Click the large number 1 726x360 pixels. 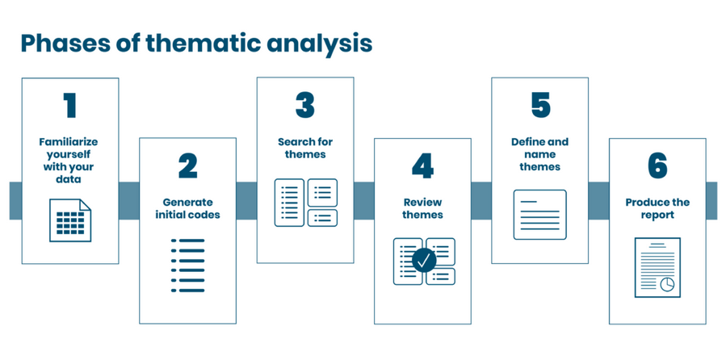(70, 106)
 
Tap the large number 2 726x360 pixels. (188, 166)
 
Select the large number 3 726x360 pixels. (305, 106)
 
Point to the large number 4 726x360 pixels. (422, 166)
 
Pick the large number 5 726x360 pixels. (540, 106)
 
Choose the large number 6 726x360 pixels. (657, 166)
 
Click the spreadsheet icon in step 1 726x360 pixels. (70, 220)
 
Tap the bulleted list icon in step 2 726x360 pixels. (187, 266)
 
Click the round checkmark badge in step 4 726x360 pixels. (424, 261)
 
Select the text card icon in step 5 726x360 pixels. (540, 214)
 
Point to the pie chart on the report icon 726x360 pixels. (667, 284)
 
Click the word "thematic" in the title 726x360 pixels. (212, 43)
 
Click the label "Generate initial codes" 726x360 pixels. (187, 209)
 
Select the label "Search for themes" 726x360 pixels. (305, 148)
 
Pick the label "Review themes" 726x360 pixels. (422, 209)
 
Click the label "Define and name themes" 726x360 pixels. (540, 154)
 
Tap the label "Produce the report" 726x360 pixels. (657, 209)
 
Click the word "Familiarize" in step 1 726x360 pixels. (69, 141)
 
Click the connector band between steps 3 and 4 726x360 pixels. (364, 201)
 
